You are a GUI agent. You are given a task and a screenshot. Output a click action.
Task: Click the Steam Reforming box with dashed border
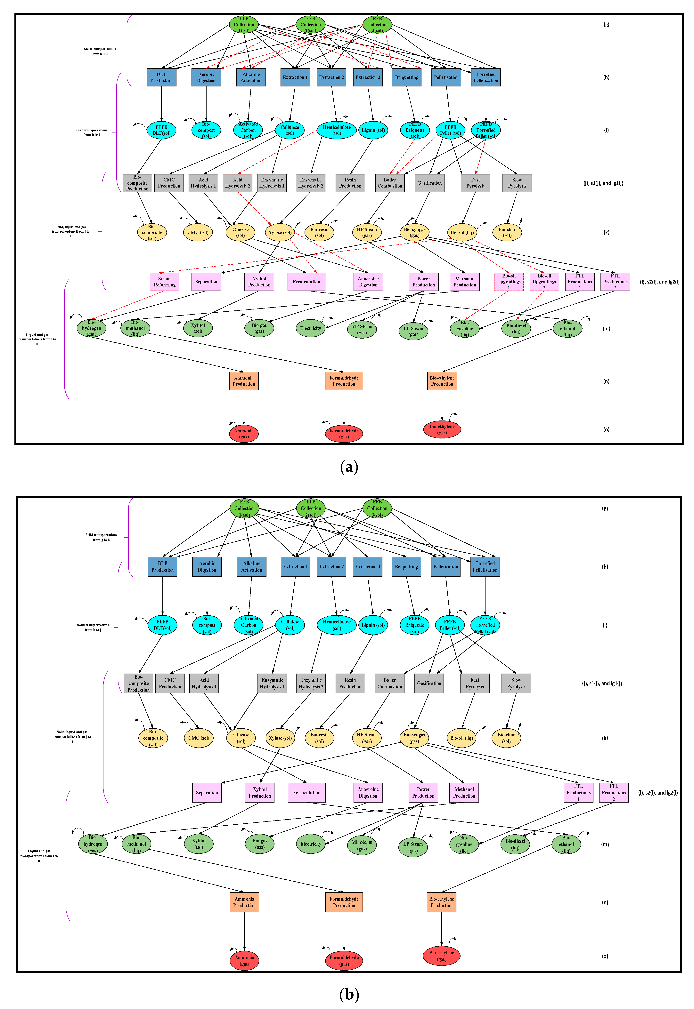coord(164,282)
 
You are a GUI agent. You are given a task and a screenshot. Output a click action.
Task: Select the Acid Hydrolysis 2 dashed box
coord(237,183)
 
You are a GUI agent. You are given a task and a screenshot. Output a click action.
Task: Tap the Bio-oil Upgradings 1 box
coord(509,282)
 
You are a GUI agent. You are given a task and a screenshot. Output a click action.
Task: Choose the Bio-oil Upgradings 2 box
coord(544,282)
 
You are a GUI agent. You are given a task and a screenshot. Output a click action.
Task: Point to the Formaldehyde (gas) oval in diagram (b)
coord(344,960)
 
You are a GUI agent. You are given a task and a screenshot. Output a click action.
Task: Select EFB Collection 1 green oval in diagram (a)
coord(244,24)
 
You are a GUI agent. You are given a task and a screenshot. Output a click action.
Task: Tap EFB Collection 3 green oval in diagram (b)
coord(377,508)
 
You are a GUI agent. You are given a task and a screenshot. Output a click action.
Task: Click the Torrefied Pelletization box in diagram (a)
coord(486,77)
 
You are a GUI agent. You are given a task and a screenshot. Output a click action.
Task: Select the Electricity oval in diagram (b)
coord(311,844)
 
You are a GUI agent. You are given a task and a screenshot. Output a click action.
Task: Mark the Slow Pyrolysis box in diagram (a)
coord(517,183)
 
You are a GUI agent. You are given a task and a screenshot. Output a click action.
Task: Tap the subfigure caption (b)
coord(349,994)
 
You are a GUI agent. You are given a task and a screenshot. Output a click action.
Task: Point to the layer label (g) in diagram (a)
coord(606,25)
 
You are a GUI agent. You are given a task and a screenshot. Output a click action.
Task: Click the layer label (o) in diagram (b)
coord(605,956)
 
